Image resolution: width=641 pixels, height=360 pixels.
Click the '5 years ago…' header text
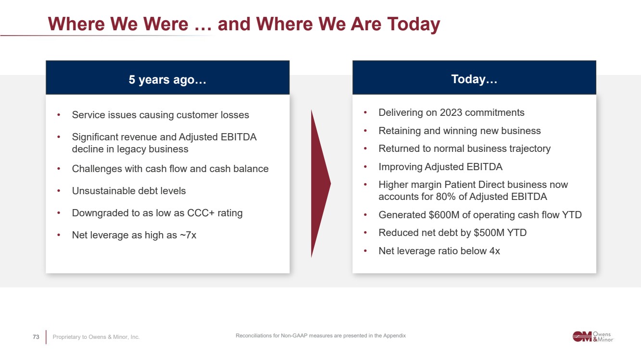pos(167,79)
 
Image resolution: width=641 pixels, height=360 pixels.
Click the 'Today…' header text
pos(474,79)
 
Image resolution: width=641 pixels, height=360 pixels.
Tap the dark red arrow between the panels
pos(320,184)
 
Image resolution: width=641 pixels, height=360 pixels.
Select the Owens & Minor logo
pos(593,336)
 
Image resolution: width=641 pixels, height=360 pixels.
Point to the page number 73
pos(36,337)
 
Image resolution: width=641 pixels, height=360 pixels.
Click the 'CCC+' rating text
pos(201,213)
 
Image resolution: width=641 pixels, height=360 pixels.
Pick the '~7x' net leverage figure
pos(188,235)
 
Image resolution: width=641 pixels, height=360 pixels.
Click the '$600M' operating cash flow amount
pos(444,215)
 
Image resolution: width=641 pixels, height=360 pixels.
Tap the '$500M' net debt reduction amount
pos(489,233)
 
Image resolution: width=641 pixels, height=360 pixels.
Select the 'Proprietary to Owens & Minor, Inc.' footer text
pos(96,337)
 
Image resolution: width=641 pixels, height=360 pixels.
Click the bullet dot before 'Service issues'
pos(59,115)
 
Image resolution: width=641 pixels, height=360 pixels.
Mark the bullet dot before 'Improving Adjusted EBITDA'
pos(365,167)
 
